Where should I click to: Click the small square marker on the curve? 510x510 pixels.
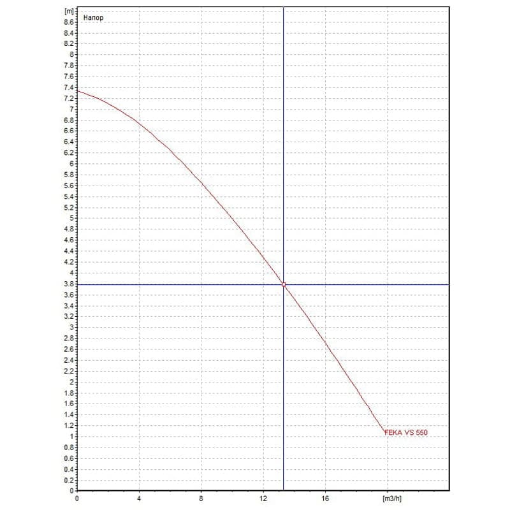coord(284,284)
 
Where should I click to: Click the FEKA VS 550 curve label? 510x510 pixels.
coord(406,432)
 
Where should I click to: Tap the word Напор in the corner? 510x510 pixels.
coord(93,18)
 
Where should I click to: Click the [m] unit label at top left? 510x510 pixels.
coord(69,11)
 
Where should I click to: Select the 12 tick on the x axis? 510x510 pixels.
coord(263,498)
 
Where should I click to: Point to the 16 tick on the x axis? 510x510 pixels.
coord(325,498)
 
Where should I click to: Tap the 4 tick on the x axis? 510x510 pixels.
coord(139,498)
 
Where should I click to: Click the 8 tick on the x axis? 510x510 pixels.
coord(201,498)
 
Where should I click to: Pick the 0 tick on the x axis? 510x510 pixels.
coord(77,498)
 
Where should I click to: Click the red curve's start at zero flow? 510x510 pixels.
coord(78,91)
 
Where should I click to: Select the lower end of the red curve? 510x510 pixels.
coord(384,433)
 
